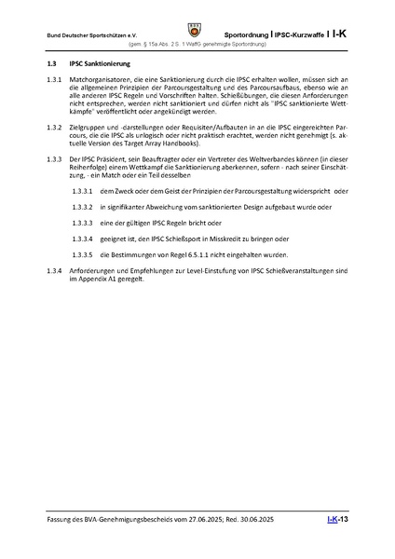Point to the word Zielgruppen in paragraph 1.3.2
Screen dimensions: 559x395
[89, 127]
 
